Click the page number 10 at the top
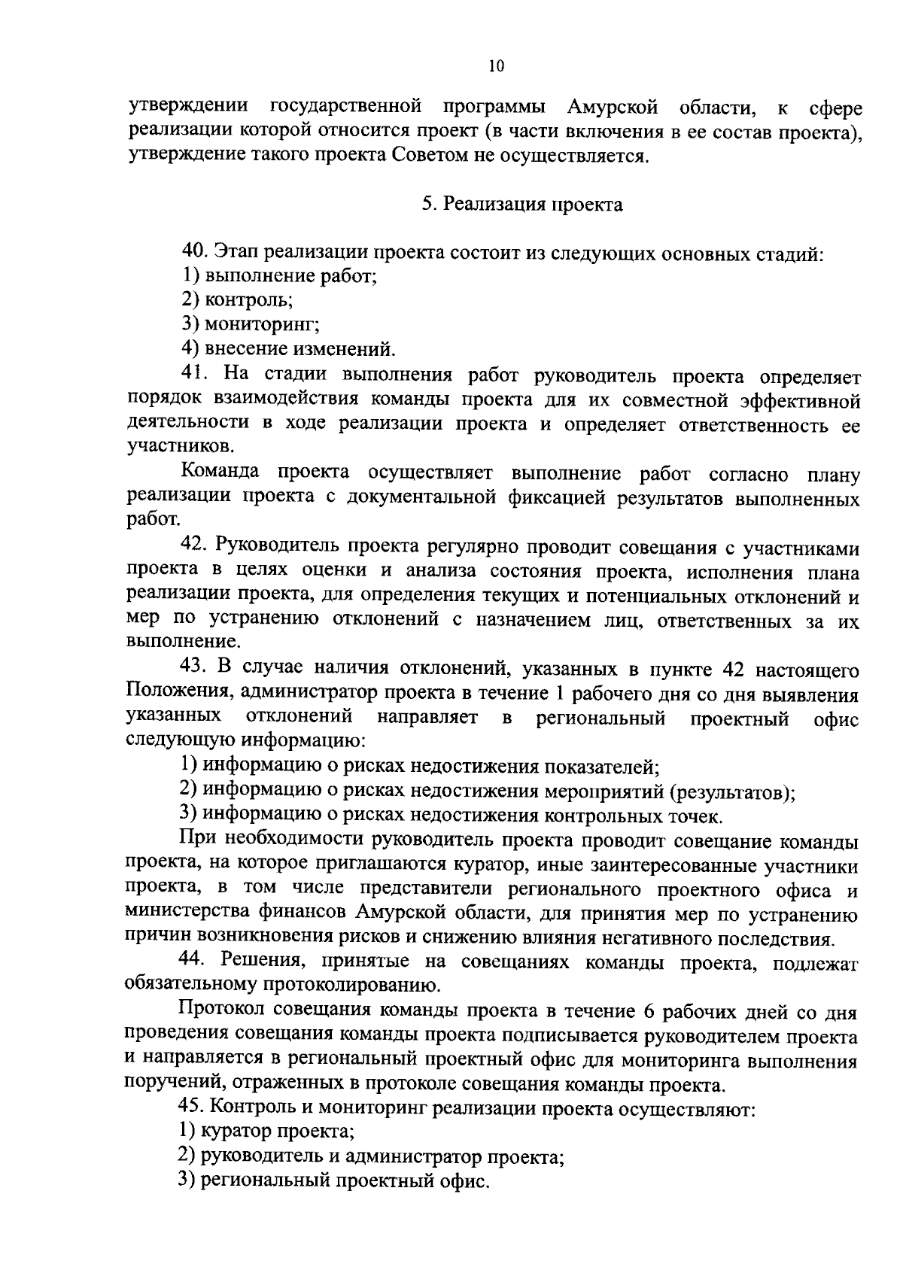[496, 66]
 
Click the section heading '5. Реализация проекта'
[521, 205]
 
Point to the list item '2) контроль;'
[236, 300]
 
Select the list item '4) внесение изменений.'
[287, 349]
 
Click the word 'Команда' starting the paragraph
[220, 472]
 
